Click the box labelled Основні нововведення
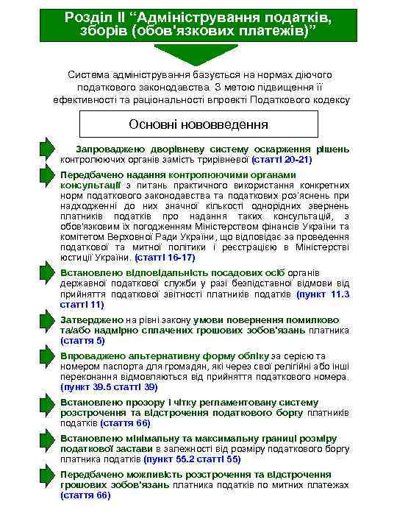(x=198, y=124)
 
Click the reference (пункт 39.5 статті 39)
(x=110, y=386)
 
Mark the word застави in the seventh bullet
(x=132, y=448)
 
